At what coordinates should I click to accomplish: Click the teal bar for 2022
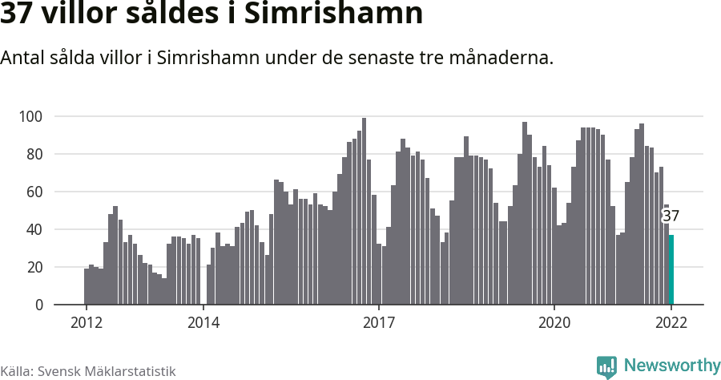coord(671,269)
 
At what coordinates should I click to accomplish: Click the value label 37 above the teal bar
coord(671,216)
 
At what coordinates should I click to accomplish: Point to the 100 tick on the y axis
coord(30,116)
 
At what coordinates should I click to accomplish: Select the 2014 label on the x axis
coord(203,322)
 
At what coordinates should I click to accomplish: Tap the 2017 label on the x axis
coord(379,322)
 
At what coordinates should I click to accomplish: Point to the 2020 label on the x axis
coord(554,322)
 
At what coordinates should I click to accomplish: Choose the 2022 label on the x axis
coord(671,322)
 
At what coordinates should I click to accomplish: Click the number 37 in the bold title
coord(17,14)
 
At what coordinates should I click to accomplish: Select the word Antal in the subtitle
coord(24,59)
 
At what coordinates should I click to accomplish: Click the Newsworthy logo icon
coord(606,366)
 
